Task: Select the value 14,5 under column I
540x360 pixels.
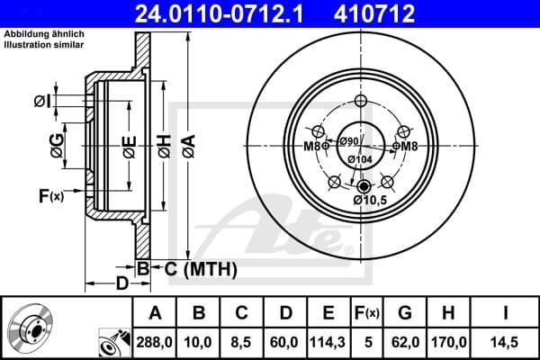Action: click(506, 343)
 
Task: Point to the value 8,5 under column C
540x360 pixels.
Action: click(242, 343)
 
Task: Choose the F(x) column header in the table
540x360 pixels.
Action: click(367, 313)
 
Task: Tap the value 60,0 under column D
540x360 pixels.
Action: click(284, 343)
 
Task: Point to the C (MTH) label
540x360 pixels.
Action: click(200, 268)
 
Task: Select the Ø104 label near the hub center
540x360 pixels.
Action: click(362, 159)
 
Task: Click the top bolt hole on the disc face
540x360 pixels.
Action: click(362, 101)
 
